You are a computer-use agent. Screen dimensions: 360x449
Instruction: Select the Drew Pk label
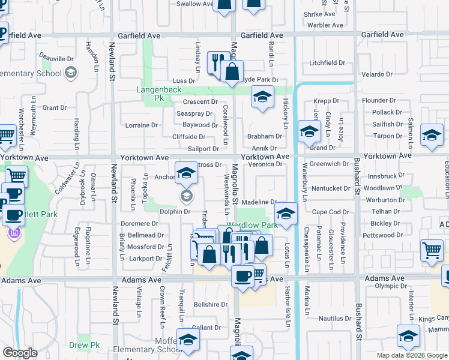click(84, 345)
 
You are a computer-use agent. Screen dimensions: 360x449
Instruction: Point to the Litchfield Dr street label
click(327, 62)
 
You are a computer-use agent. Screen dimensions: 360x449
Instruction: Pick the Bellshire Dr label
click(211, 304)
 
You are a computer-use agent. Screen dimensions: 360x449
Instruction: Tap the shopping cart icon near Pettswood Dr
click(432, 251)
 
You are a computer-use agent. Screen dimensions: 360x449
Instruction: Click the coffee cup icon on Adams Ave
click(243, 277)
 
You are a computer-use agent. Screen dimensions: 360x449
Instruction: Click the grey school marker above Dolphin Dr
click(187, 196)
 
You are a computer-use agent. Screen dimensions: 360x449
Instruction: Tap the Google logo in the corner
click(20, 353)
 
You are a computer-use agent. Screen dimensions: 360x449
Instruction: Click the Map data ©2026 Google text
click(412, 355)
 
